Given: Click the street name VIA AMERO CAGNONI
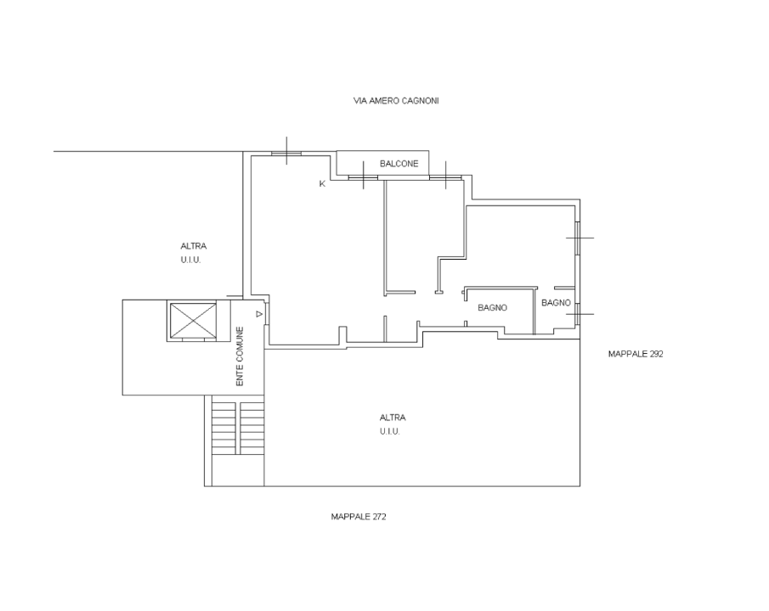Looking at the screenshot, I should tap(396, 100).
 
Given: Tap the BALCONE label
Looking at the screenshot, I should tap(398, 165).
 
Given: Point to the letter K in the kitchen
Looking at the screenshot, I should tap(322, 183).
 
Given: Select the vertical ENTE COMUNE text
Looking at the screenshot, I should tap(240, 357).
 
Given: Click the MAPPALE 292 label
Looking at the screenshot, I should tap(635, 354).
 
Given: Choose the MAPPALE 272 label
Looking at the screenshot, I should tap(359, 516).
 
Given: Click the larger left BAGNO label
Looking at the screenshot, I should tap(492, 308).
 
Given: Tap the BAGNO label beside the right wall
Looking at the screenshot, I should tap(555, 303).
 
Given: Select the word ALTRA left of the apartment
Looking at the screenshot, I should tap(193, 246).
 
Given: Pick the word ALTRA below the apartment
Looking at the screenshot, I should tap(393, 418).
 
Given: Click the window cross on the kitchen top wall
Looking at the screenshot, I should tap(287, 153).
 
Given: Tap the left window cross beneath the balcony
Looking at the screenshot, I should tap(363, 177).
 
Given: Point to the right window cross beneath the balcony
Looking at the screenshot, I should tap(444, 177).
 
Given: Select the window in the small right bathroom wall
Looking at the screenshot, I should tap(578, 315).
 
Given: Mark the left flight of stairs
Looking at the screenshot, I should tap(223, 427).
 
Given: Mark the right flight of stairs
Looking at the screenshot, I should tap(252, 427).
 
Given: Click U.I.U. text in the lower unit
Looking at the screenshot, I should tap(390, 431).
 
